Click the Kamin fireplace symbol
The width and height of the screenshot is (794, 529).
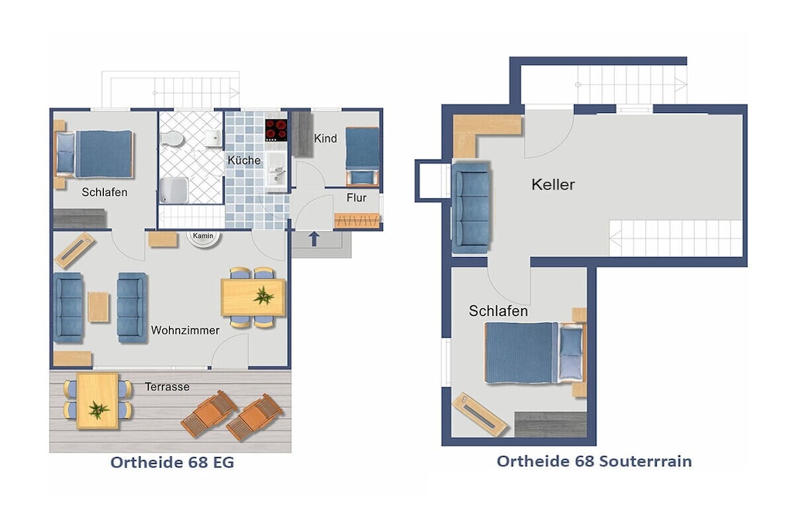coord(204,239)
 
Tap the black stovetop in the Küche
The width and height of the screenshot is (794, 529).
coord(276,130)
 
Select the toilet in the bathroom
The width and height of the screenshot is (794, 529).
coord(172,139)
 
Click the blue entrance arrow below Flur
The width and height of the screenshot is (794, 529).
coord(314,239)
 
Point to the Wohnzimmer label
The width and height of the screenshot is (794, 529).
coord(185,330)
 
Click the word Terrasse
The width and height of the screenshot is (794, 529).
coord(167,387)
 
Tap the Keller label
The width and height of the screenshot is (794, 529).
coord(553,184)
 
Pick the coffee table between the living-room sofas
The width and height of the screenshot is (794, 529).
coord(98,307)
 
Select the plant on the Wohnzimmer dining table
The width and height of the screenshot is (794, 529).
coord(264,295)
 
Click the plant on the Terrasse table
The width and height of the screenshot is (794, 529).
coord(98,410)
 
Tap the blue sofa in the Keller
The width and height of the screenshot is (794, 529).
coord(471,208)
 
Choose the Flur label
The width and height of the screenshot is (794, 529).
coord(357,198)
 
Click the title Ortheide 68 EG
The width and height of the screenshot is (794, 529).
coord(172,462)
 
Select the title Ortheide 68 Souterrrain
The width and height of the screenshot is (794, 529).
coord(594,462)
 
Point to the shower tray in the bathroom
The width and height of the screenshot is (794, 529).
coord(174,191)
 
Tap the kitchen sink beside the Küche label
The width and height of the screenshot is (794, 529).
coord(277,171)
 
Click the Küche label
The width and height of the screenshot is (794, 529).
coord(244,160)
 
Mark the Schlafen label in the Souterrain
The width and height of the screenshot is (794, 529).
coord(499,311)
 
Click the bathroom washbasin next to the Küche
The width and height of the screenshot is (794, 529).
coord(214,138)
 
